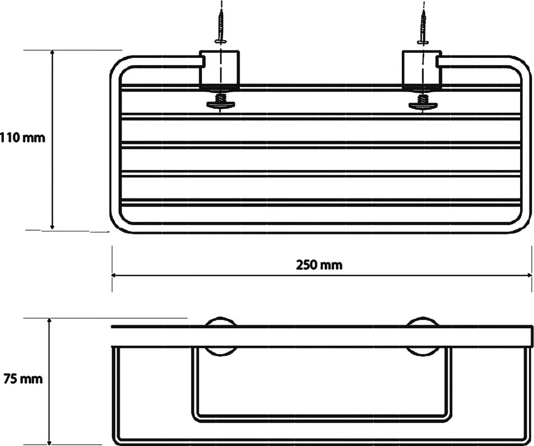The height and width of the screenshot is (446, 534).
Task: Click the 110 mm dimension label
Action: tap(22, 138)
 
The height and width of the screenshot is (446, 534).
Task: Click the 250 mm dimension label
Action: tap(319, 265)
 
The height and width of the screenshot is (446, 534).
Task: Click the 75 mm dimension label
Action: tap(23, 379)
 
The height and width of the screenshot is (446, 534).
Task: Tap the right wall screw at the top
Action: tap(424, 27)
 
